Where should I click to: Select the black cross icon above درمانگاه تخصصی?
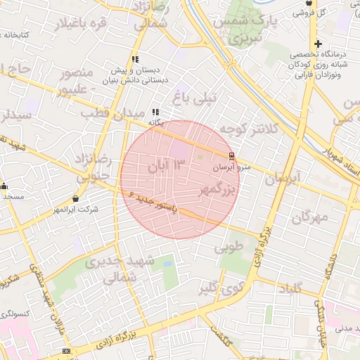click(318, 44)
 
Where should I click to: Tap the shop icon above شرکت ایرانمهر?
click(75, 199)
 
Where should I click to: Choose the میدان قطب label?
click(104, 113)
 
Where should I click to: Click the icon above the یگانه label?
click(155, 112)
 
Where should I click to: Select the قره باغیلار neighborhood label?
click(89, 25)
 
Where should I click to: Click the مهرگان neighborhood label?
click(309, 217)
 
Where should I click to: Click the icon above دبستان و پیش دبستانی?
click(134, 60)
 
